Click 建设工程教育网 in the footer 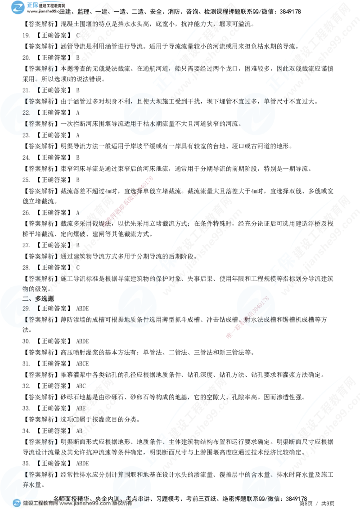pyautogui.click(x=40, y=504)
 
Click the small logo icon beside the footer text pyautogui.click(x=17, y=503)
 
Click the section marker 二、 pyautogui.click(x=27, y=298)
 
